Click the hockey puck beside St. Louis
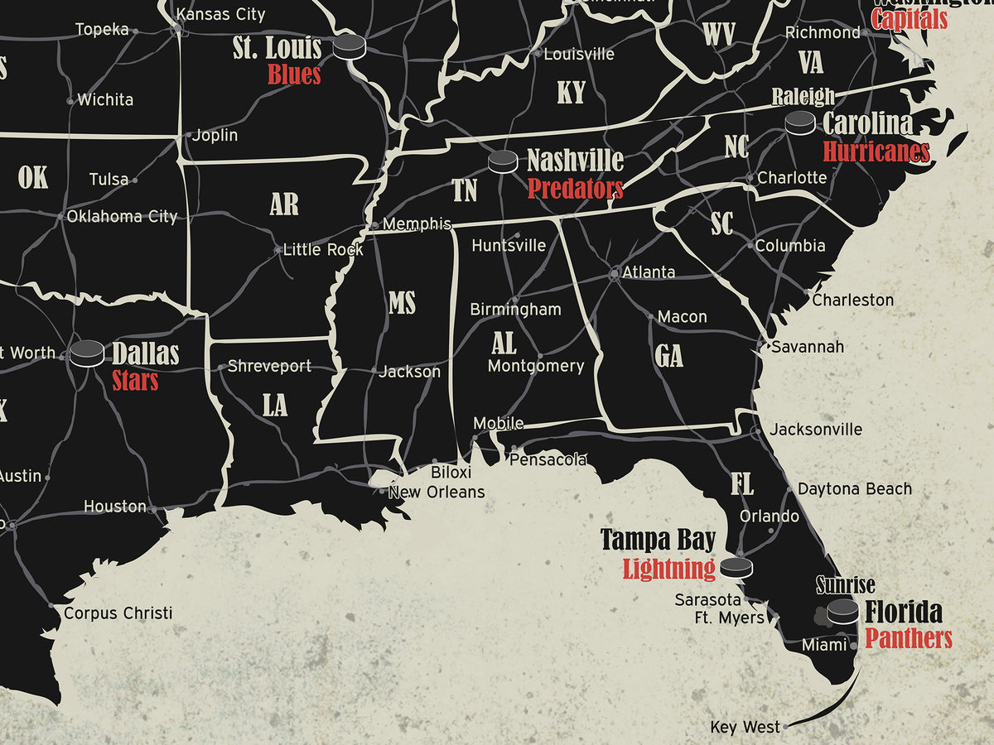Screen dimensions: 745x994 [x=349, y=46]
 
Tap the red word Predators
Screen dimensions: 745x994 [x=575, y=189]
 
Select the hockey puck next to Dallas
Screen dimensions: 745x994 [x=87, y=353]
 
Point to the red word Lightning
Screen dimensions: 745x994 [x=668, y=569]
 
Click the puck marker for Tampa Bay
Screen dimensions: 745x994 [x=736, y=567]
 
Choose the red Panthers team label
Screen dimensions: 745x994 [x=909, y=638]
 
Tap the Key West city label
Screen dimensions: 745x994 [x=745, y=727]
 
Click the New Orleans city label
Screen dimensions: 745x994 [x=437, y=492]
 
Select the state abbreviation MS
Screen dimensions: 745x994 [x=402, y=303]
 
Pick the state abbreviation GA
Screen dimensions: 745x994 [x=669, y=356]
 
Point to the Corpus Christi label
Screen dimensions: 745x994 [x=118, y=613]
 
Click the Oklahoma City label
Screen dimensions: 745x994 [x=122, y=217]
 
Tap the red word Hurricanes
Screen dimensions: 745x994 [x=876, y=151]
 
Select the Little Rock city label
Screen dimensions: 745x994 [x=323, y=249]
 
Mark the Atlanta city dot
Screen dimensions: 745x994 [x=615, y=272]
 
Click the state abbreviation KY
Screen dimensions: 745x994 [x=571, y=93]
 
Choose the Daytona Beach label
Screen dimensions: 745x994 [x=854, y=489]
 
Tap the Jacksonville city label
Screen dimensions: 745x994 [x=815, y=430]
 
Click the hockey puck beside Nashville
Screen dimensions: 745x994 [x=502, y=161]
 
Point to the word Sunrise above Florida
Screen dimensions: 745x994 [x=845, y=585]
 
